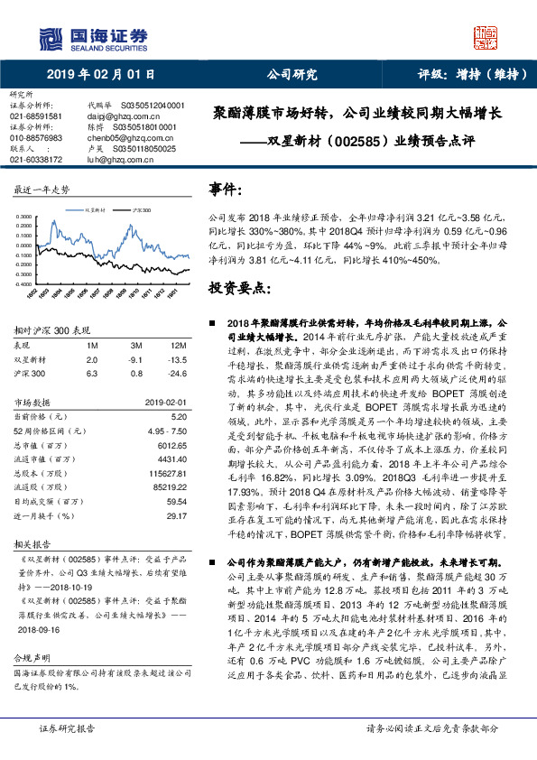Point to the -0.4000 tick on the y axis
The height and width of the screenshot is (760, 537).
(24, 282)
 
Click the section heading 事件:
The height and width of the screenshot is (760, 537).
(227, 190)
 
